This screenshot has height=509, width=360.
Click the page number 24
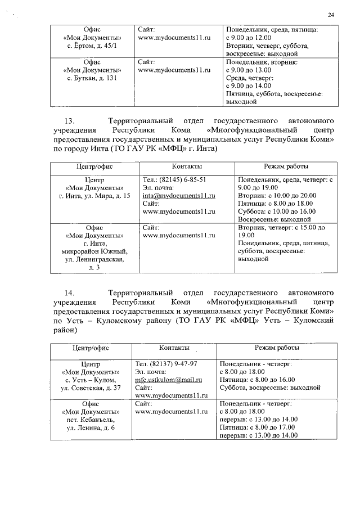[331, 15]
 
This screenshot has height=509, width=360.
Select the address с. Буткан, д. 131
[92, 78]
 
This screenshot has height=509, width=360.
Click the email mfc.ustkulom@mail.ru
[169, 380]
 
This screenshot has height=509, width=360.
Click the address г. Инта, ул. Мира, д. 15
[94, 196]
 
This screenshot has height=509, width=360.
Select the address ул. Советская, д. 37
[91, 388]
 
